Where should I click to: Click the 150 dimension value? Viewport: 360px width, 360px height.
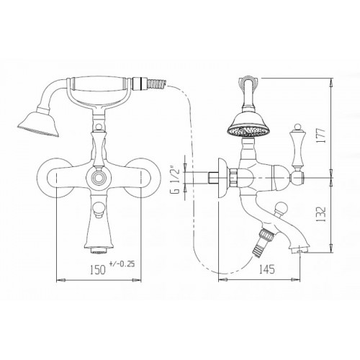pos(98,269)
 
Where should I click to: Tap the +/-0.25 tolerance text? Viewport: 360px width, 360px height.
pos(122,264)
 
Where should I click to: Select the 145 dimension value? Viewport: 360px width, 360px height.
pos(266,269)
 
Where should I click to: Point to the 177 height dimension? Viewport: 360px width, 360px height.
pos(321,135)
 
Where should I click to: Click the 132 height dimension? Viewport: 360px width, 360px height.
pos(321,214)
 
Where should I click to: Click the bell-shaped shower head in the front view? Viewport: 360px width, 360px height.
pos(40,122)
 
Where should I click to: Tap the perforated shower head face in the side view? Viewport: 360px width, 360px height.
pos(248,131)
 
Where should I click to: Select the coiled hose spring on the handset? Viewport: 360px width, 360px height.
pos(156,84)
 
